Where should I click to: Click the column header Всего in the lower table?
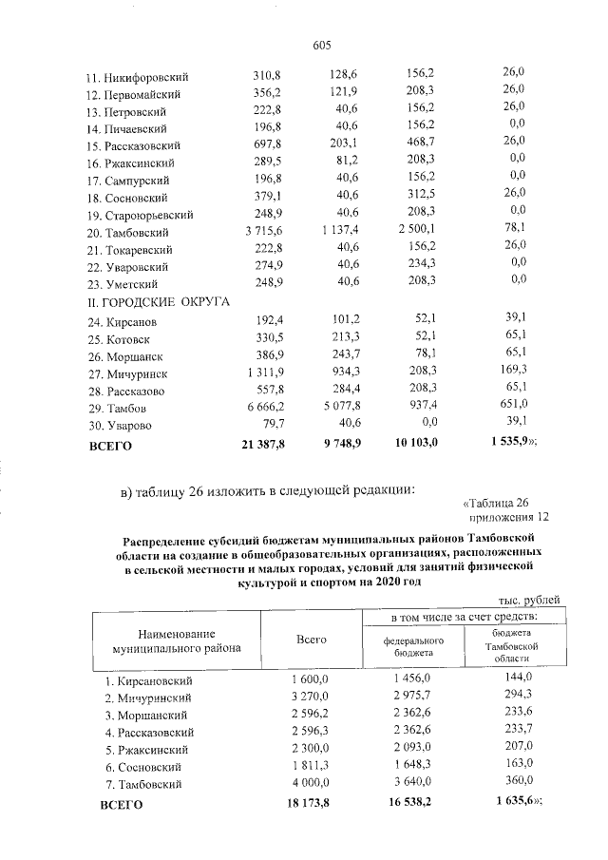tap(311, 640)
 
